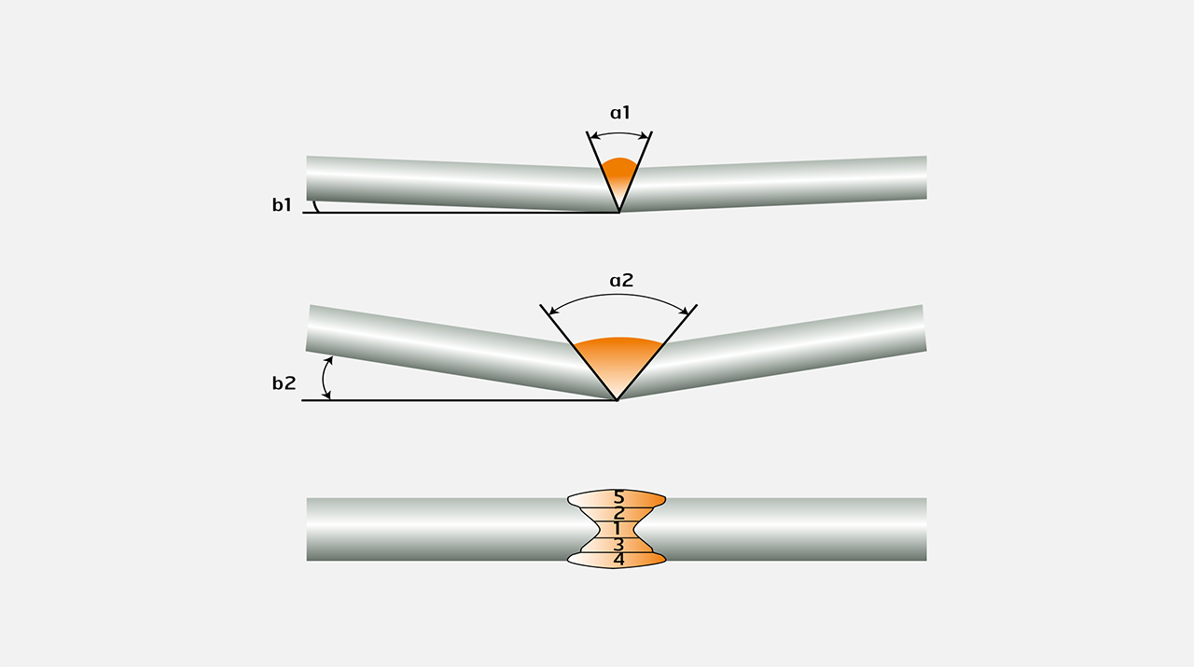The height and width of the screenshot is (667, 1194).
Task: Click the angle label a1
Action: [620, 113]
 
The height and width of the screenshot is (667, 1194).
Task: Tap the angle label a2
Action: [620, 280]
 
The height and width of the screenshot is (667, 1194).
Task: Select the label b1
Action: [283, 205]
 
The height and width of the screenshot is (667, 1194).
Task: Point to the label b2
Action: [284, 382]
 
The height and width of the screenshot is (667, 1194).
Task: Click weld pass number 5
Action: [618, 497]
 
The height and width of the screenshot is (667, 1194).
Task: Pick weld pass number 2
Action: [618, 513]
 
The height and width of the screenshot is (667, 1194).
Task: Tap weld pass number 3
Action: [618, 544]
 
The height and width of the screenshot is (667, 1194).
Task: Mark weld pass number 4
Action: [618, 560]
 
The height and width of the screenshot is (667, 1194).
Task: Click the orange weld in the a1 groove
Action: [618, 176]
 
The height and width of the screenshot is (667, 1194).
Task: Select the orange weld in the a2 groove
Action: [618, 359]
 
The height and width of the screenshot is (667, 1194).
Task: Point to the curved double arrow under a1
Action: [619, 135]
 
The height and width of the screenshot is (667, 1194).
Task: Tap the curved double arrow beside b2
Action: [326, 378]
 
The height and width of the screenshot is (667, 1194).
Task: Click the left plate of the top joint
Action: [448, 182]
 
